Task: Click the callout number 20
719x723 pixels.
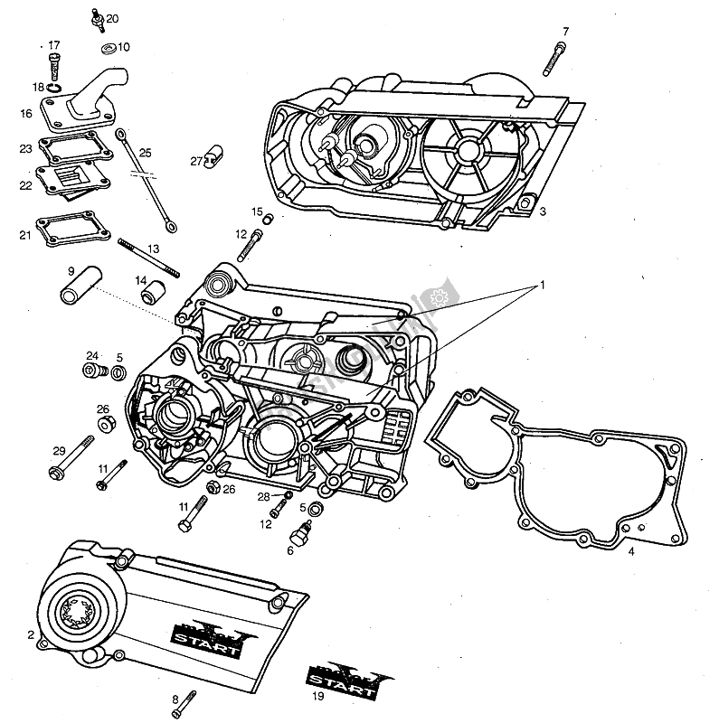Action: click(112, 18)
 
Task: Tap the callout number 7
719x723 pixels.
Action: click(565, 32)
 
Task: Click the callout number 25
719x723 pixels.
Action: click(146, 152)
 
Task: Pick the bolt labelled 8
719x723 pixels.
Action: click(187, 699)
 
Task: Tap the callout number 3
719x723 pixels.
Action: click(542, 211)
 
